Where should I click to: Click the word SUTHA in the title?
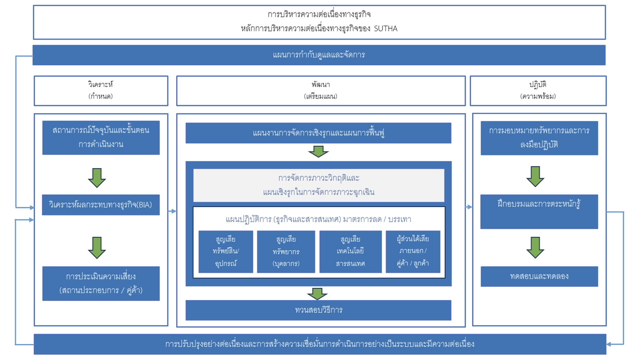(x=385, y=29)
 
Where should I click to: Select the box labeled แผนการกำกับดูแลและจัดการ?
(x=319, y=55)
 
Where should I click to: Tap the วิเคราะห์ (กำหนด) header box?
(x=101, y=91)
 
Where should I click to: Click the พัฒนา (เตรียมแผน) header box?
(x=320, y=91)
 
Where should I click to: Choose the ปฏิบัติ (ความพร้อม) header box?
(x=538, y=91)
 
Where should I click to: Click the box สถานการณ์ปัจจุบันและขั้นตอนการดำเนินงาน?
(x=101, y=137)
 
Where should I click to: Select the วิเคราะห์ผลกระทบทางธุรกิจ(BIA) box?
(x=101, y=205)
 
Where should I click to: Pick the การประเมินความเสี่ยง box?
(x=101, y=283)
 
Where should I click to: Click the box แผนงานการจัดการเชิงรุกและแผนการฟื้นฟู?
(x=318, y=133)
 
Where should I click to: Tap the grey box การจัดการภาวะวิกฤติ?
(x=319, y=185)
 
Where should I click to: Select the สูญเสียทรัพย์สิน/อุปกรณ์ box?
(x=226, y=252)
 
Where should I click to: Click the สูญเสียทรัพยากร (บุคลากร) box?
(x=286, y=252)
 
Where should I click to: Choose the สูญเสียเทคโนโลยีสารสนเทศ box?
(x=350, y=252)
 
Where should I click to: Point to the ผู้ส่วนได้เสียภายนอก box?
(x=413, y=252)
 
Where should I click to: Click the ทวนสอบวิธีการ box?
(x=318, y=310)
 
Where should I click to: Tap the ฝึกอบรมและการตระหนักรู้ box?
(x=539, y=211)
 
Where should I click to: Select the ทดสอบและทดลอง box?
(x=539, y=276)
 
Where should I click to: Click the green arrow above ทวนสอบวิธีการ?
(x=317, y=293)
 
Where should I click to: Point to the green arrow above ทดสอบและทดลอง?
(x=535, y=247)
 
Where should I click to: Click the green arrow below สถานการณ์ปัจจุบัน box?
(x=97, y=178)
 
